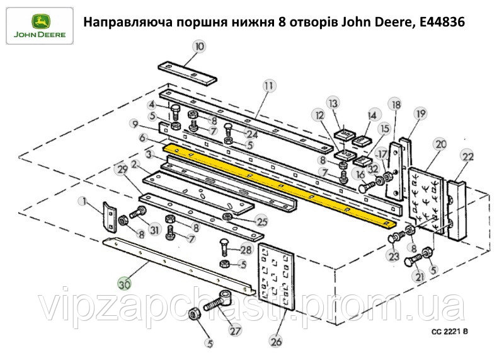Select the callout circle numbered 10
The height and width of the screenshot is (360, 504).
(x=199, y=46)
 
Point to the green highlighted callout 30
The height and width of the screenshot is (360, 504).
(x=125, y=283)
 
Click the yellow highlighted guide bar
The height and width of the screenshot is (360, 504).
(x=277, y=182)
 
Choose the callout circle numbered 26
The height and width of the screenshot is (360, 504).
(x=275, y=342)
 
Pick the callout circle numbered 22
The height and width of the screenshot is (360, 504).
(x=467, y=156)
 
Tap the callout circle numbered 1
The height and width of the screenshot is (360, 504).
(x=83, y=201)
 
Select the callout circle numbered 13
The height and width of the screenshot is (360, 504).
(x=333, y=103)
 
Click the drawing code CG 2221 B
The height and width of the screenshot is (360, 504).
(x=450, y=330)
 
